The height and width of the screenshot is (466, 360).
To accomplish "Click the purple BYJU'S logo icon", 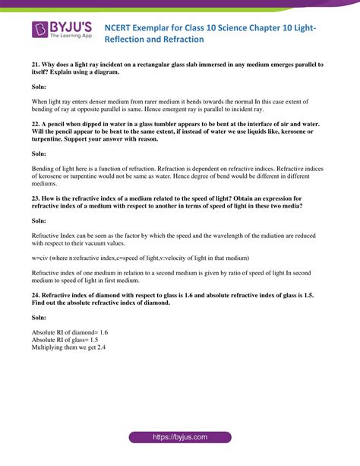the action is [39, 30].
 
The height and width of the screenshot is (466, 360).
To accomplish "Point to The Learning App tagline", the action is [71, 36].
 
